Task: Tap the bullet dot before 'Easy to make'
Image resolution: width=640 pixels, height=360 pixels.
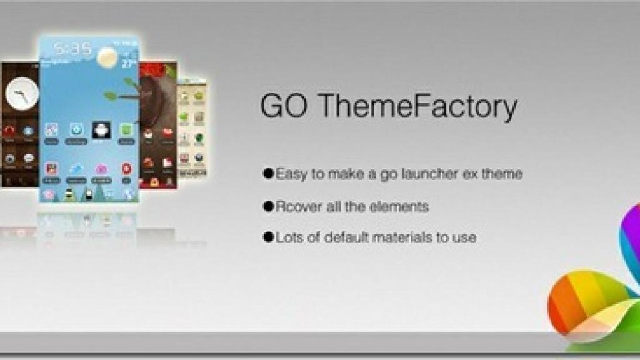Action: [x=269, y=174]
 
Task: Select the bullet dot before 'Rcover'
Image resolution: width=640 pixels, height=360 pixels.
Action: [x=269, y=206]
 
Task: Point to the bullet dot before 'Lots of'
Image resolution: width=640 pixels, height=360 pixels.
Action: [x=269, y=237]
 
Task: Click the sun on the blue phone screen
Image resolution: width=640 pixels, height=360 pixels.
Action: [x=107, y=57]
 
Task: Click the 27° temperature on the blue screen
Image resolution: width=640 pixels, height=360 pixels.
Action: [x=129, y=64]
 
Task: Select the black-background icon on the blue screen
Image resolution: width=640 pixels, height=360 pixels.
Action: [x=101, y=130]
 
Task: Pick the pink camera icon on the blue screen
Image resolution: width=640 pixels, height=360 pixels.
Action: [x=101, y=169]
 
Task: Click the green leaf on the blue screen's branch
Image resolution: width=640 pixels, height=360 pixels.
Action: [x=111, y=96]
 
